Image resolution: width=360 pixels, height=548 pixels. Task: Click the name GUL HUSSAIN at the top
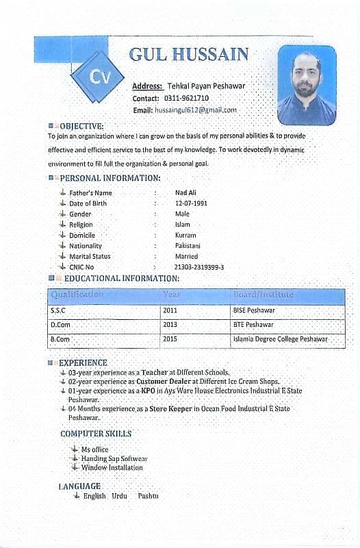[188, 55]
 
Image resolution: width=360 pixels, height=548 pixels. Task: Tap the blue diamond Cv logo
[97, 77]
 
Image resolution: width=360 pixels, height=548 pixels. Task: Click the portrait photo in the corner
[307, 85]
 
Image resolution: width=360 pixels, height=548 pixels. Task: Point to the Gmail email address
[195, 110]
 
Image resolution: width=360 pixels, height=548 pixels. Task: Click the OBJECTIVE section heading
[81, 126]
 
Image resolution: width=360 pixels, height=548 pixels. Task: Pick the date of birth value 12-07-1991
[191, 203]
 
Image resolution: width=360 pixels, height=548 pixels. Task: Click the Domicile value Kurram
[185, 235]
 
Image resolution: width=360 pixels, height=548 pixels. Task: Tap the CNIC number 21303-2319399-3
[199, 267]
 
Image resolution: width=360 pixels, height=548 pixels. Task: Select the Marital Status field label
[90, 256]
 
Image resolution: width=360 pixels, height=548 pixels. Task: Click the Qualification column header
[77, 295]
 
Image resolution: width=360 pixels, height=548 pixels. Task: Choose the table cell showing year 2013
[170, 325]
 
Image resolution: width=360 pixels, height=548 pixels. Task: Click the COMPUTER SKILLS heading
[96, 434]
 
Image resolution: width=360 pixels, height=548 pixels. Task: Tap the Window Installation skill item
[112, 467]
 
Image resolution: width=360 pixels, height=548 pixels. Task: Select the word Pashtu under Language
[147, 495]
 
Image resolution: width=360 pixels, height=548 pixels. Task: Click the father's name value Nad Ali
[185, 193]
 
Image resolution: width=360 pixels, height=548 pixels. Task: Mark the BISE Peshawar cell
[254, 310]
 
